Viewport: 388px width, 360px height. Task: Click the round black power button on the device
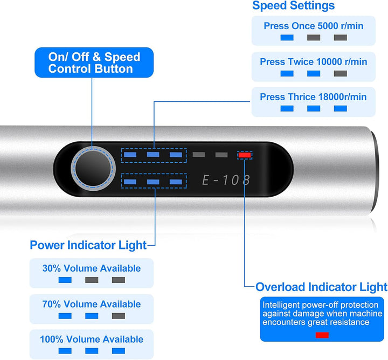click(x=93, y=168)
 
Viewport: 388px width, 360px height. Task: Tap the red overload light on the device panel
click(x=245, y=155)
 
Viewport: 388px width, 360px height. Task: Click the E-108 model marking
click(x=226, y=180)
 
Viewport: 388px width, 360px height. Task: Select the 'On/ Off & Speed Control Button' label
click(x=94, y=63)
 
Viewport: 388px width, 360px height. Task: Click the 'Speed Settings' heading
click(x=293, y=5)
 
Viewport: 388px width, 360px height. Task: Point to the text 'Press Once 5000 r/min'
click(x=314, y=26)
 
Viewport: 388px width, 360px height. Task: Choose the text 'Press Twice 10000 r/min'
click(x=314, y=61)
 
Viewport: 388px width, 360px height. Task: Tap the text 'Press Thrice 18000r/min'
click(x=313, y=97)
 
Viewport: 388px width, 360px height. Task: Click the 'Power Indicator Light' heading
click(x=88, y=245)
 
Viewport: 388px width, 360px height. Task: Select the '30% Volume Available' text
click(x=92, y=268)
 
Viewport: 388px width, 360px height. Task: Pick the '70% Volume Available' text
click(x=92, y=304)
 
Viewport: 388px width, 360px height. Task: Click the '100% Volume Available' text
click(x=92, y=339)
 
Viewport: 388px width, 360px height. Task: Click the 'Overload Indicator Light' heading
click(x=321, y=287)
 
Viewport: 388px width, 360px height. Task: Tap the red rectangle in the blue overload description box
click(x=322, y=335)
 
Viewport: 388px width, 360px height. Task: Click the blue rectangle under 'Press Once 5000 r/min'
click(x=287, y=38)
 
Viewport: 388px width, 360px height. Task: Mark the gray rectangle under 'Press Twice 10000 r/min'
click(x=340, y=73)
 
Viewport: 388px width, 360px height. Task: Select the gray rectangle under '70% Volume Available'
click(x=118, y=316)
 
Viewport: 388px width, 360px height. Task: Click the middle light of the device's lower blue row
click(x=153, y=182)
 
